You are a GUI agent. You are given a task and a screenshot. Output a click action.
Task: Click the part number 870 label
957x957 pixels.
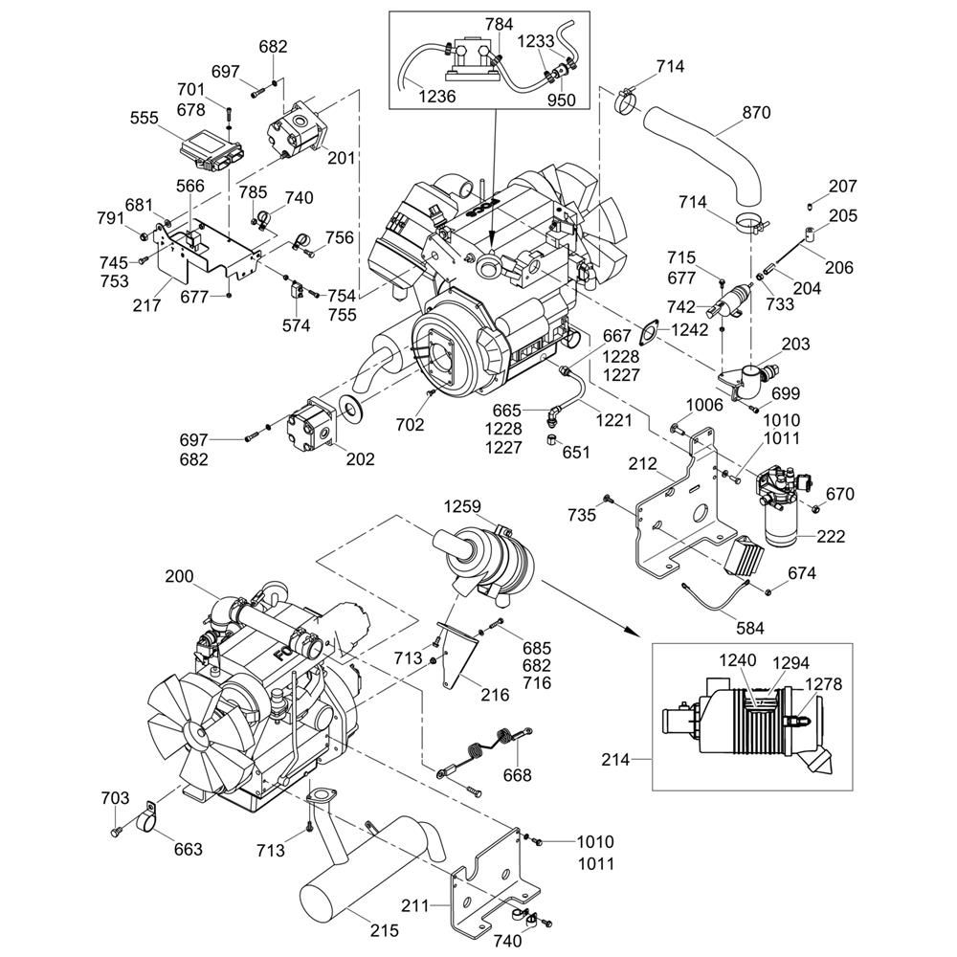coord(755,112)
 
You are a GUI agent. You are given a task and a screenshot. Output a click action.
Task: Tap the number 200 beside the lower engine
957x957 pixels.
coord(179,576)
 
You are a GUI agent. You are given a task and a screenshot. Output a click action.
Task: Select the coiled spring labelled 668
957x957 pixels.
coord(478,746)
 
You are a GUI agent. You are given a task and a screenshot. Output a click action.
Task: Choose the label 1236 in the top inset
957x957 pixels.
coord(436,97)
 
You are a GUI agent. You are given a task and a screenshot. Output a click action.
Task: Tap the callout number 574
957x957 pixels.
coord(297,325)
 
